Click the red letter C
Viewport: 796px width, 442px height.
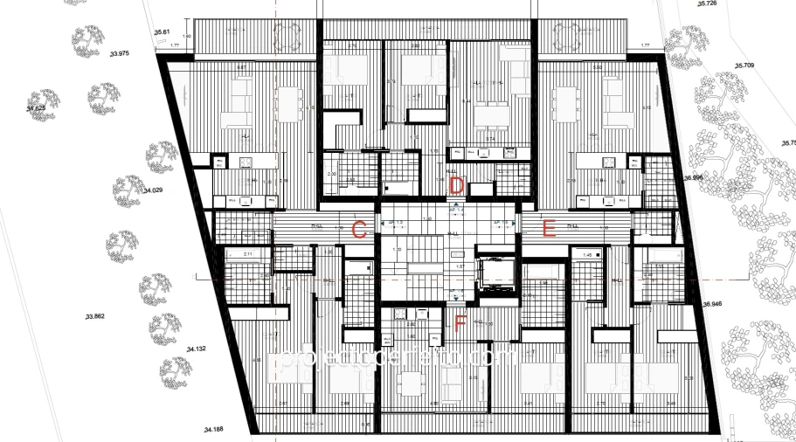(357, 231)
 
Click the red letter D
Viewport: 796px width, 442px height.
(455, 185)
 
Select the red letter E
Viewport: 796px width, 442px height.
(550, 230)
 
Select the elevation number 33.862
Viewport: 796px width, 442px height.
(94, 316)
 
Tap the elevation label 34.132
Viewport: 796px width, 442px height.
(196, 349)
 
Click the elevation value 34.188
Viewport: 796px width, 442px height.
(214, 429)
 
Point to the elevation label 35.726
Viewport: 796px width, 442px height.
(707, 4)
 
